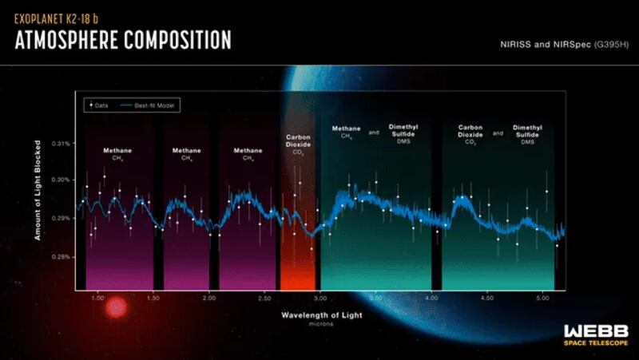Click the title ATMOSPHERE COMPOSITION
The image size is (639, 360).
(x=123, y=39)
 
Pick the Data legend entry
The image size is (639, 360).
(x=97, y=104)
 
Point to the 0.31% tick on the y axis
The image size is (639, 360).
(x=62, y=144)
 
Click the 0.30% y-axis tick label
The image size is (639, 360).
(x=62, y=180)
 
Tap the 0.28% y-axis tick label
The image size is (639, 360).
(x=62, y=257)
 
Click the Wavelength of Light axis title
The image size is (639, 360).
(x=321, y=315)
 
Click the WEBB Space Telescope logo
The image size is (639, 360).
(x=596, y=334)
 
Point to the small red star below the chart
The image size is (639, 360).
(x=117, y=307)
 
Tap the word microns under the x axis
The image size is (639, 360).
(x=321, y=325)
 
